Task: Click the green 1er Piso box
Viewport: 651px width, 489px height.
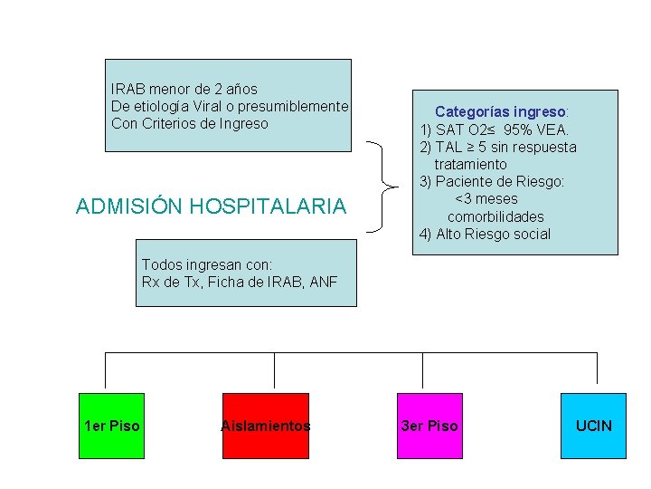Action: [111, 426]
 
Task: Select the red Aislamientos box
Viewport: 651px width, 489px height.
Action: [266, 426]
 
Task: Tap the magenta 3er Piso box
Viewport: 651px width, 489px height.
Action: [429, 426]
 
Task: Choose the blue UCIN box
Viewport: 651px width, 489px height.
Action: [593, 426]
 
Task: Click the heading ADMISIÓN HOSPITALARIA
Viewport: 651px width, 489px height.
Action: [211, 206]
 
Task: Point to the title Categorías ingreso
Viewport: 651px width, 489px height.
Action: [501, 111]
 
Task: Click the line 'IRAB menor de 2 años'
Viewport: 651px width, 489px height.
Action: [184, 89]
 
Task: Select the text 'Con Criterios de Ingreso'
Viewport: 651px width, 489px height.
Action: [189, 123]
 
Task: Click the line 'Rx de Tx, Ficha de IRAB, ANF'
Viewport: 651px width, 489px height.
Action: [239, 282]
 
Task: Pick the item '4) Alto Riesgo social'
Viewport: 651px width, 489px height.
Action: [485, 234]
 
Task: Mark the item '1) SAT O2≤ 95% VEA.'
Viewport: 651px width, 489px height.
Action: [495, 129]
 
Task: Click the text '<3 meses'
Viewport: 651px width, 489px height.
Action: [486, 198]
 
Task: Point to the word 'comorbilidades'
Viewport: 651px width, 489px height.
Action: [495, 216]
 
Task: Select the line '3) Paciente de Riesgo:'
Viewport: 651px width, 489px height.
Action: [491, 181]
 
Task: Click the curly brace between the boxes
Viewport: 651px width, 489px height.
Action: [387, 188]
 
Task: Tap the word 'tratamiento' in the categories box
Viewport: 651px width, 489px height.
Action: [470, 164]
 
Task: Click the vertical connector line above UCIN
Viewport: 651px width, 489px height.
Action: [597, 371]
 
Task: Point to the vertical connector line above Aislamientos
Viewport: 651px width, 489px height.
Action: [275, 371]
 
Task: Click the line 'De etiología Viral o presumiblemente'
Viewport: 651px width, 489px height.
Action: [229, 106]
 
